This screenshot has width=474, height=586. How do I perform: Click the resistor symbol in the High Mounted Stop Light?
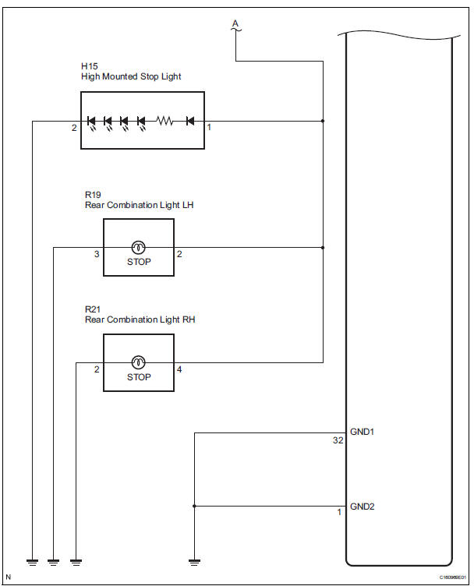point(164,121)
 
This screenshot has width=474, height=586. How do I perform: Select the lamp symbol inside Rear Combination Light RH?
point(138,362)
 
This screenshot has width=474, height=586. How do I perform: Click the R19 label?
point(93,195)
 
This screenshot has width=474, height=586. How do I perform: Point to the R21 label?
point(93,310)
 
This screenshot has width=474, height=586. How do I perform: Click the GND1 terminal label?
point(363,430)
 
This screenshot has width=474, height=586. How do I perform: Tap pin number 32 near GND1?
point(338,441)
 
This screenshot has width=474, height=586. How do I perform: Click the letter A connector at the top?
point(235,25)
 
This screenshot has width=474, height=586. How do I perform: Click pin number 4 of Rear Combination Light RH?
point(180,369)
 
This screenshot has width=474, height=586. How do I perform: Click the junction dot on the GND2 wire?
point(194,506)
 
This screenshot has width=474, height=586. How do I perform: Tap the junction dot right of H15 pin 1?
point(323,121)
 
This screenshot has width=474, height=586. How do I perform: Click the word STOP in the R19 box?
point(139,262)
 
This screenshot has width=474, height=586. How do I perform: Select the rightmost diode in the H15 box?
point(190,121)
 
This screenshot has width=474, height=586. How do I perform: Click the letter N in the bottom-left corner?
point(8,577)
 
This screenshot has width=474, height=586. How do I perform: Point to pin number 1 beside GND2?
point(339,512)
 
